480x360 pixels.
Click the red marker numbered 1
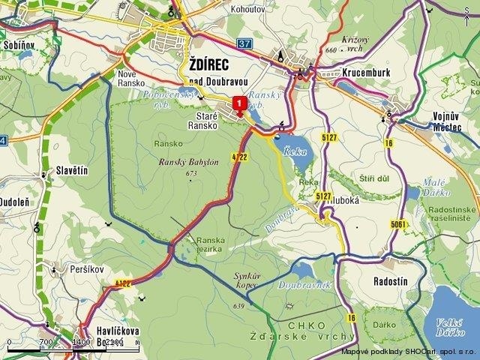[x=239, y=103]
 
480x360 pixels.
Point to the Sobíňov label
[x=20, y=45]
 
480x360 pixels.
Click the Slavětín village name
[x=72, y=172]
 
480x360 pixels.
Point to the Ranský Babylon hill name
[x=188, y=162]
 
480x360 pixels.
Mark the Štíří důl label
[x=373, y=178]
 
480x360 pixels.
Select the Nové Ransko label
[x=136, y=79]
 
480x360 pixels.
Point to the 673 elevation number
[x=192, y=174]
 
